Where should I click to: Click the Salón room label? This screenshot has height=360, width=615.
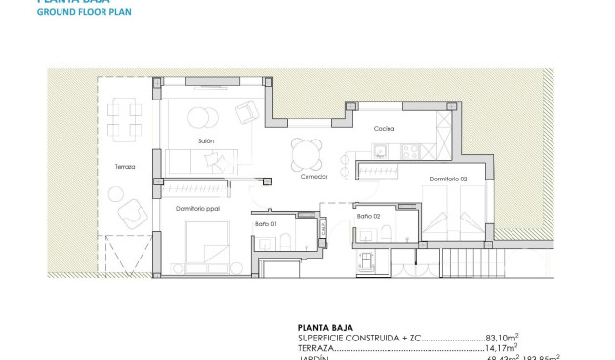(x=205, y=140)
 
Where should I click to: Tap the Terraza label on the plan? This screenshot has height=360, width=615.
(x=124, y=167)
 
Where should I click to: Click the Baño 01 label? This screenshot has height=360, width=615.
(x=266, y=225)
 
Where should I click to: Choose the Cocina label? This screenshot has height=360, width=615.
(x=383, y=129)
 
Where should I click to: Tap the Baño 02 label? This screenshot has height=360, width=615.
(x=368, y=216)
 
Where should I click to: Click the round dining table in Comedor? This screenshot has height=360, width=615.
(x=306, y=151)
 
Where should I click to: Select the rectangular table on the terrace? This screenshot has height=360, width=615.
(x=124, y=118)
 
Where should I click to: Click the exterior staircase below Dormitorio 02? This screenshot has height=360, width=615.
(x=464, y=262)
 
